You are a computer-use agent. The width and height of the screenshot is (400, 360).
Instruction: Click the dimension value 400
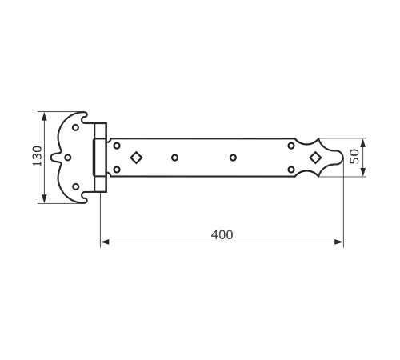pyautogui.click(x=222, y=235)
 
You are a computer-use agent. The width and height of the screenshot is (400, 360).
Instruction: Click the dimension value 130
pyautogui.click(x=38, y=156)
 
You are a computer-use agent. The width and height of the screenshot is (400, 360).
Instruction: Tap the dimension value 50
pyautogui.click(x=354, y=157)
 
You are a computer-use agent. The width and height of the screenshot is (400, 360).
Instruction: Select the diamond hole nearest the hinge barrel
pyautogui.click(x=136, y=158)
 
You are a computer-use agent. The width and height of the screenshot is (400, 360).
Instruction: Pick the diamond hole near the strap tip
pyautogui.click(x=315, y=158)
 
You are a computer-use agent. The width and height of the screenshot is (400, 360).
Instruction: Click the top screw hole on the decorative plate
pyautogui.click(x=75, y=127)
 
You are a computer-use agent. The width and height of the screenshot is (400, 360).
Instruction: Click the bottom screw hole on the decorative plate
pyautogui.click(x=76, y=186)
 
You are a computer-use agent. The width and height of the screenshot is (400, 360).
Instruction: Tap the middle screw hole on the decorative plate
pyautogui.click(x=68, y=158)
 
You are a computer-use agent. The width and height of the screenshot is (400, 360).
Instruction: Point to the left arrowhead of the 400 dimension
pyautogui.click(x=105, y=242)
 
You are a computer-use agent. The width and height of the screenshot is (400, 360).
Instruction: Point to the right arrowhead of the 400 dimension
pyautogui.click(x=339, y=242)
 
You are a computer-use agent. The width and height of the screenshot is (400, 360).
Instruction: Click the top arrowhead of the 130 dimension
pyautogui.click(x=44, y=116)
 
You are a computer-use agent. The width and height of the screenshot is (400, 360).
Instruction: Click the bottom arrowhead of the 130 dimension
pyautogui.click(x=44, y=199)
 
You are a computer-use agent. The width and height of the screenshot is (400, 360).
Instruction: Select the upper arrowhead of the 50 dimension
pyautogui.click(x=362, y=143)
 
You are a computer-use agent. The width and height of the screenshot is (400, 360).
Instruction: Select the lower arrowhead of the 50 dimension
pyautogui.click(x=362, y=172)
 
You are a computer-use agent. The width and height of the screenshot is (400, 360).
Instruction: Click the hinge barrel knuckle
pyautogui.click(x=99, y=158)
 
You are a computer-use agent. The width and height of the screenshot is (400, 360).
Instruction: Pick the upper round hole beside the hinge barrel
pyautogui.click(x=117, y=146)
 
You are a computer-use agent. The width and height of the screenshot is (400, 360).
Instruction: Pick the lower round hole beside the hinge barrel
pyautogui.click(x=117, y=170)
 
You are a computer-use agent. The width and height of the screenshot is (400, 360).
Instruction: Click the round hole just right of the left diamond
pyautogui.click(x=174, y=158)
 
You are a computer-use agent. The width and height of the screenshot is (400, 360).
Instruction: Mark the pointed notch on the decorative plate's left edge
pyautogui.click(x=51, y=158)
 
